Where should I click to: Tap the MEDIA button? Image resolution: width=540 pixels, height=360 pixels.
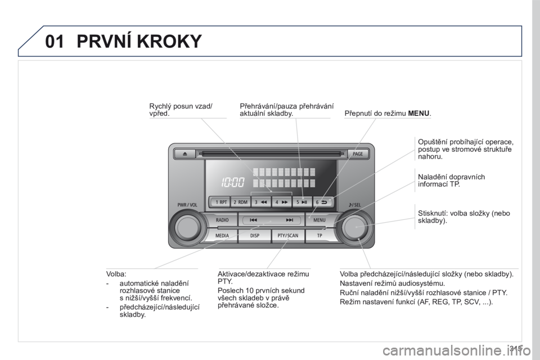tap(222, 236)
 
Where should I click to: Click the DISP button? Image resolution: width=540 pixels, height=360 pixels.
tap(254, 236)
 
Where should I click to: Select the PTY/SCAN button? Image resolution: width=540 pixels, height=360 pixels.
tap(288, 236)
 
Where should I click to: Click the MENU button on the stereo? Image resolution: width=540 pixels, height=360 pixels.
tap(319, 220)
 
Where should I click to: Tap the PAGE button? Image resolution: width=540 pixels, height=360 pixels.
tap(358, 154)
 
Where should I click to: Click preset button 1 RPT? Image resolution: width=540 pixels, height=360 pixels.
tap(219, 202)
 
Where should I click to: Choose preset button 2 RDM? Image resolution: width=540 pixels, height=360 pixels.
tap(240, 202)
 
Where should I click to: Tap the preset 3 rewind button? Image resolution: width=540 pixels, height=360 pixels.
tap(260, 202)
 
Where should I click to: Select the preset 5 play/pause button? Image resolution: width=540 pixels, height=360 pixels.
tap(301, 202)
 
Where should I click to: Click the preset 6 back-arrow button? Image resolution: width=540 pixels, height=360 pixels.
tap(322, 202)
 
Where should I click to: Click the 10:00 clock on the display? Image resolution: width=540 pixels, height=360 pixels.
tap(233, 182)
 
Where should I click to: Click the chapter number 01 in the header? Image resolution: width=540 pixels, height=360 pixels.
tap(55, 41)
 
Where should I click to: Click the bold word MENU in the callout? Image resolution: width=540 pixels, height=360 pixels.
tap(418, 113)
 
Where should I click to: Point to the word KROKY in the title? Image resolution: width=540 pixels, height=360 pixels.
tap(169, 41)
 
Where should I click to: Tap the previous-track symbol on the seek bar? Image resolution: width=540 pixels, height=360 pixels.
tap(254, 220)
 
